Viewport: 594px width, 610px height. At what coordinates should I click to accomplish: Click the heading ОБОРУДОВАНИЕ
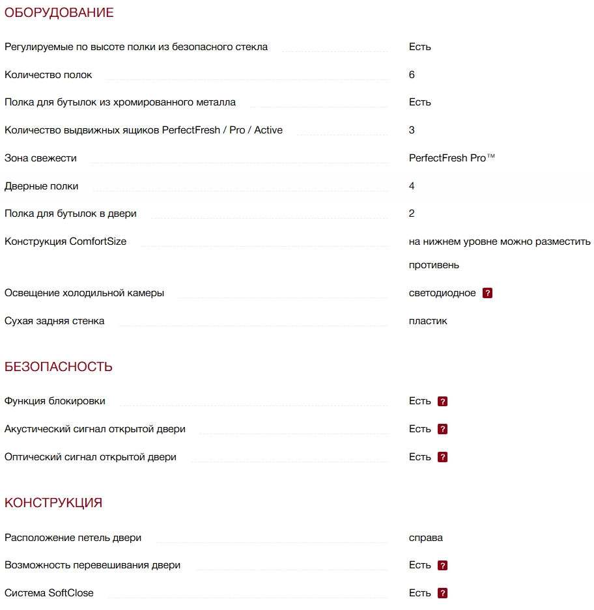pos(59,13)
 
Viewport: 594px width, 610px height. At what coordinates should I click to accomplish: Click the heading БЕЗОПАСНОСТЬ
pos(59,367)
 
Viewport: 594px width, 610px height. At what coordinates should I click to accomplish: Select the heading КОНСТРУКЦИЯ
pos(53,503)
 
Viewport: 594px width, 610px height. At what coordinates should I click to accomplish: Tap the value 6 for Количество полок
pos(412,75)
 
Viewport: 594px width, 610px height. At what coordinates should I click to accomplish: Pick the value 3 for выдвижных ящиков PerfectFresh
pos(412,130)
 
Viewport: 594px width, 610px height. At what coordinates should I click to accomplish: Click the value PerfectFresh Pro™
pos(451,158)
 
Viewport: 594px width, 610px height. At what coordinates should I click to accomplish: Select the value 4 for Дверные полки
pos(412,186)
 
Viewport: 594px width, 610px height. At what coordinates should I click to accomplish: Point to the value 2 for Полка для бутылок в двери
pos(412,214)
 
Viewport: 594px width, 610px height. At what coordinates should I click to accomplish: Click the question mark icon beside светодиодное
pos(487,293)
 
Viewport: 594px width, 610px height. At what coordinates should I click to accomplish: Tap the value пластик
pos(428,321)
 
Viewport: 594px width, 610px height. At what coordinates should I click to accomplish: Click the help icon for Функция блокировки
pos(443,402)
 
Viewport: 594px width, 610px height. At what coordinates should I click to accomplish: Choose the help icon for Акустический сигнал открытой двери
pos(443,430)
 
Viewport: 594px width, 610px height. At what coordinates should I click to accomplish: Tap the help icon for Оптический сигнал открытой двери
pos(443,458)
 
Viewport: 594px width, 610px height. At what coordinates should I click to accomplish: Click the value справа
pos(426,538)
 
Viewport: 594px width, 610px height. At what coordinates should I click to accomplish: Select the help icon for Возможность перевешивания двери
pos(443,566)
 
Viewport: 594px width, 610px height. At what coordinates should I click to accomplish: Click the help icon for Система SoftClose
pos(443,594)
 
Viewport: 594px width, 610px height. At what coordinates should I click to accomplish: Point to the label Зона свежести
pos(40,158)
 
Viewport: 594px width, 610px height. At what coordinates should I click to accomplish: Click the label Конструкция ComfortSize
pos(65,242)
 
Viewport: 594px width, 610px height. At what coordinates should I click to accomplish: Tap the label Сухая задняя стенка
pos(54,321)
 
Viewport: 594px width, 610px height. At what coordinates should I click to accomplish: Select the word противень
pos(434,265)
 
